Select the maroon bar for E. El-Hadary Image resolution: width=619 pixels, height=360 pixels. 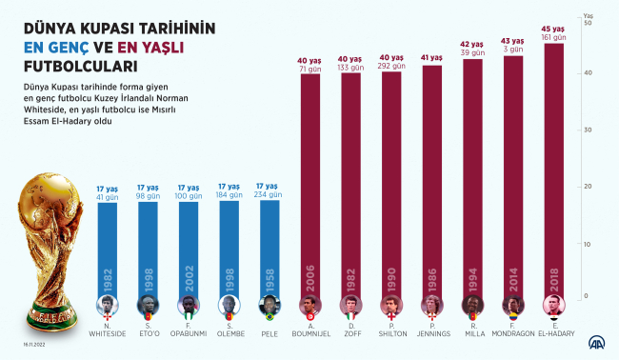point(553,171)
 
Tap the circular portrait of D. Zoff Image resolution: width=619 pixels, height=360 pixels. point(350,307)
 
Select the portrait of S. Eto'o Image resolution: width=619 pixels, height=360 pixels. point(148,307)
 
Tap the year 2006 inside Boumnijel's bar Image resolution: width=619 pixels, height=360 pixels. point(310,276)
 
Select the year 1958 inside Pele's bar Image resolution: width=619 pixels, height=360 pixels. point(270,276)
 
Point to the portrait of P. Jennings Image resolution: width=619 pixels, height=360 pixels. point(431,307)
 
